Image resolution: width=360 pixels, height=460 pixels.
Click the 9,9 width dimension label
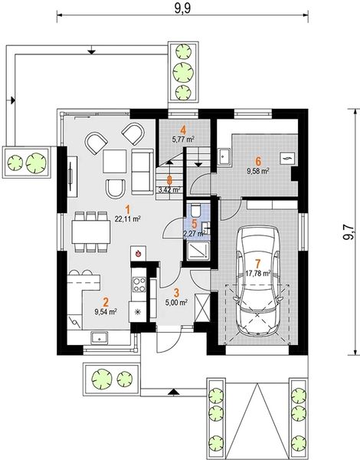(x=182, y=8)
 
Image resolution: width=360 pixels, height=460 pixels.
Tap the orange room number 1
(x=127, y=209)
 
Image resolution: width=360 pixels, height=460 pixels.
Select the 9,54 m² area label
(x=106, y=312)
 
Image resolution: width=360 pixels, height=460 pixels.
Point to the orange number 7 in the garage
(x=258, y=264)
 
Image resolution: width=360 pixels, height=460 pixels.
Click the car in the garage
(x=258, y=281)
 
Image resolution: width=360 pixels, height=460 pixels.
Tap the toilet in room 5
(x=195, y=209)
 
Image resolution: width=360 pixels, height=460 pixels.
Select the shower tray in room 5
(x=198, y=250)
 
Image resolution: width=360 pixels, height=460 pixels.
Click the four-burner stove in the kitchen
(x=139, y=284)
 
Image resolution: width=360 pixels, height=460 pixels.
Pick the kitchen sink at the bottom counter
(x=99, y=338)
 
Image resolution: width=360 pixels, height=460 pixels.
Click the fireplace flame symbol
(x=138, y=252)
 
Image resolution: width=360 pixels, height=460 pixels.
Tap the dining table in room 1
(x=91, y=232)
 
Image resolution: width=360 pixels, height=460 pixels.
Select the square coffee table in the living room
(x=115, y=161)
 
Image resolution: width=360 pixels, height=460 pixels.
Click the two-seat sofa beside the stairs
(x=142, y=172)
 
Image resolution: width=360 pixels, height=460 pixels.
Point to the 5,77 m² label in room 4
(x=184, y=139)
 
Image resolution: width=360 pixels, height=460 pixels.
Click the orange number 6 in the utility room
(x=258, y=161)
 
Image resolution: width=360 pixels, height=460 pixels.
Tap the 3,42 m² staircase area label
(x=169, y=189)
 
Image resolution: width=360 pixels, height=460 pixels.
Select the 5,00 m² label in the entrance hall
(x=176, y=303)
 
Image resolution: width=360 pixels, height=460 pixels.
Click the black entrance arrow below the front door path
(x=174, y=391)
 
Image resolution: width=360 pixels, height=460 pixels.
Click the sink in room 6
(x=224, y=156)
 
